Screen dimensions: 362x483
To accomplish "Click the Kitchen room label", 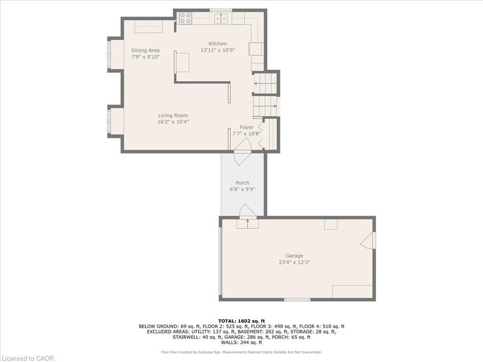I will pos(218,44).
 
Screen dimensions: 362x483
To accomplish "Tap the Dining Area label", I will pos(145,50).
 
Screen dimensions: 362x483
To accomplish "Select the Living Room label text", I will pos(173,115).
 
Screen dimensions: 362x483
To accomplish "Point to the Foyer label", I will pos(246,127).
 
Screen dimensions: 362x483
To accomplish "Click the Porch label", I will pos(242,183).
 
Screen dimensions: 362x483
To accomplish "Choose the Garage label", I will pos(294,256).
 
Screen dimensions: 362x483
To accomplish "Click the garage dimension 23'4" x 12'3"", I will pos(294,262).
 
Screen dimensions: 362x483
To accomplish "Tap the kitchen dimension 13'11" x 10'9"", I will pos(218,50).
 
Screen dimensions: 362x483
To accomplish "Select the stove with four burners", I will pos(185,18).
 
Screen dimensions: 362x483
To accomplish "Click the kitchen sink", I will pos(220,19).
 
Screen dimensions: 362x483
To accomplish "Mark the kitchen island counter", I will pos(182,62).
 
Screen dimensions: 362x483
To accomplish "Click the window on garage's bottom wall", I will pos(297,299).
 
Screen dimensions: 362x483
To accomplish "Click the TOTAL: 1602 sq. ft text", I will pos(241,321).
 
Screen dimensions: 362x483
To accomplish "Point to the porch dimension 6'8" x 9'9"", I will pos(242,189).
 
